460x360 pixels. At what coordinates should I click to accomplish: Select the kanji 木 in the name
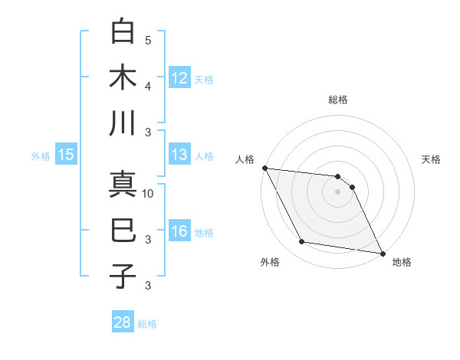(x=123, y=78)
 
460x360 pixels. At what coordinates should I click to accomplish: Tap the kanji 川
(x=123, y=123)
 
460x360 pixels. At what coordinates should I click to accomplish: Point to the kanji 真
(x=123, y=186)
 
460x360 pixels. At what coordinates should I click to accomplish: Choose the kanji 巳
(x=123, y=231)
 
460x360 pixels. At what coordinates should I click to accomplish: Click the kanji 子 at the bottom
(x=123, y=277)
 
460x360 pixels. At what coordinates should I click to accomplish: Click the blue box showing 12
(x=179, y=77)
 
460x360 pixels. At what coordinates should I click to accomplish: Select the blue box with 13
(x=179, y=155)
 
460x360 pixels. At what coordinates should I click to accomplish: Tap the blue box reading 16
(x=179, y=231)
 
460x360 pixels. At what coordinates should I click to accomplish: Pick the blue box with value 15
(x=66, y=155)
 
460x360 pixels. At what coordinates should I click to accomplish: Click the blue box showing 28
(x=123, y=322)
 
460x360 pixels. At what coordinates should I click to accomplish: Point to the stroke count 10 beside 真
(x=149, y=194)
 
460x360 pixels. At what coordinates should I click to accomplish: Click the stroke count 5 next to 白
(x=148, y=41)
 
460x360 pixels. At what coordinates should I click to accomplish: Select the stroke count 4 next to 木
(x=148, y=86)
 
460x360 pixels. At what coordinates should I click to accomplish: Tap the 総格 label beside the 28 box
(x=147, y=324)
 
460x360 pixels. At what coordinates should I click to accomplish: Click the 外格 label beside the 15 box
(x=41, y=156)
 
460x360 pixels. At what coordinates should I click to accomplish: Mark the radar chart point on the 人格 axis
(x=264, y=168)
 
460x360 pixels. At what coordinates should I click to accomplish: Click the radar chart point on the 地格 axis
(x=381, y=252)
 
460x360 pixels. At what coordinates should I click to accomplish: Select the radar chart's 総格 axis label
(x=338, y=100)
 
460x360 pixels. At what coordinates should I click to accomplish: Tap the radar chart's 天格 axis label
(x=432, y=159)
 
